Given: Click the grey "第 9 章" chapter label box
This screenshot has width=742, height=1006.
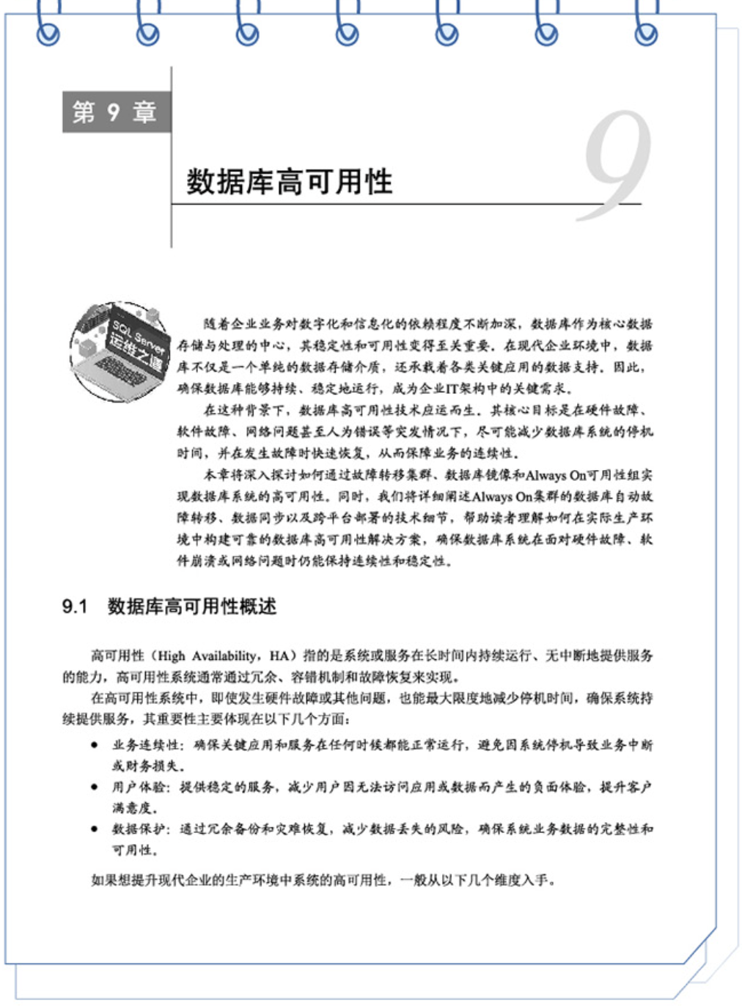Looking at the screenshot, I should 116,112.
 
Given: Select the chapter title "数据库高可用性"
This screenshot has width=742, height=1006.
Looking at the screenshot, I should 289,182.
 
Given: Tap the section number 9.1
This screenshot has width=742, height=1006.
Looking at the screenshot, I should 75,606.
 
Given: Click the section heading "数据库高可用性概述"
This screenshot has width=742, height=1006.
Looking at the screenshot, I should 192,606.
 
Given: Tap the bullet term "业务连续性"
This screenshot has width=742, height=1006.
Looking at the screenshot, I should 145,745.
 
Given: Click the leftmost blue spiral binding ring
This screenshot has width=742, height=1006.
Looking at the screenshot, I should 48,29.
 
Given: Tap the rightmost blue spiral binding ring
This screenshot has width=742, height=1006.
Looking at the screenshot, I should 646,29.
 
